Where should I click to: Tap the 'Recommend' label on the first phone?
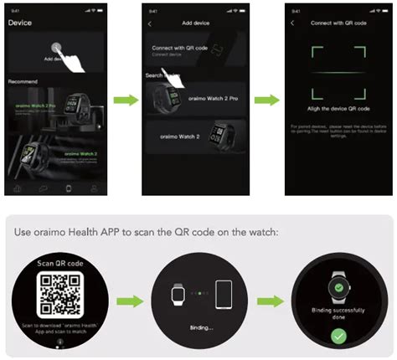23,81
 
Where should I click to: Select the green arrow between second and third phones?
264,101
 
